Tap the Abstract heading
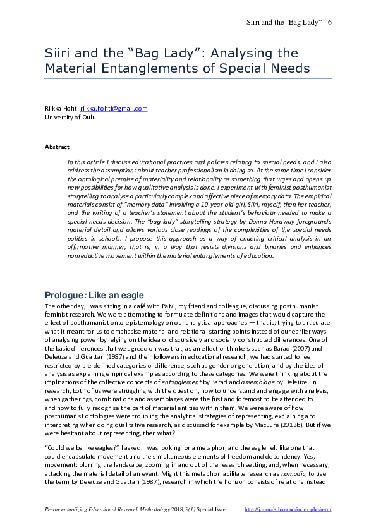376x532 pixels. pos(57,147)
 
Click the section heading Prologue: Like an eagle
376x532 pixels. pos(94,295)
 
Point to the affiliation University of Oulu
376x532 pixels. pos(68,117)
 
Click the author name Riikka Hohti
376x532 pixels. pos(61,109)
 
